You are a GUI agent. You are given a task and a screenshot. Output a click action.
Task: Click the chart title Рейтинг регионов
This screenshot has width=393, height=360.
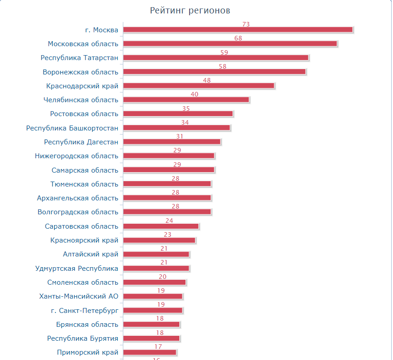tap(190, 11)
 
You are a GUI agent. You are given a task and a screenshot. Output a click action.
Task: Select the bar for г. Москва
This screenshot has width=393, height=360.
tap(238, 30)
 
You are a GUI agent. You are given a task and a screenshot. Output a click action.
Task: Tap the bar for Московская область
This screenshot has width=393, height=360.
tap(229, 43)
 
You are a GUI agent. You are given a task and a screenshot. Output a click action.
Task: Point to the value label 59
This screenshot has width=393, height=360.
tap(224, 52)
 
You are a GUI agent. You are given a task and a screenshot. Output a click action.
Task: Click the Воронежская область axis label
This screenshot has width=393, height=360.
tap(81, 72)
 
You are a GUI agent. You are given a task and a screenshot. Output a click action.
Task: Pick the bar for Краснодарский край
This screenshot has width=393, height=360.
tap(198, 86)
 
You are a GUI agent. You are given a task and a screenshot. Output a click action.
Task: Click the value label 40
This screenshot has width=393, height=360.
tap(194, 94)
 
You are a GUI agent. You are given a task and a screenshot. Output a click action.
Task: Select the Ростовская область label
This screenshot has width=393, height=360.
tap(84, 114)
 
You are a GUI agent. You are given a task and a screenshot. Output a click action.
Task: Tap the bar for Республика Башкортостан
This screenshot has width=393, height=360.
tap(176, 128)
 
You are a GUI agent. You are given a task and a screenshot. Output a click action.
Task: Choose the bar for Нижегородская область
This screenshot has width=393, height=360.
tap(168, 156)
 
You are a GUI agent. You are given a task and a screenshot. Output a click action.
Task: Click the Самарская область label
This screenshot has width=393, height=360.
tap(85, 170)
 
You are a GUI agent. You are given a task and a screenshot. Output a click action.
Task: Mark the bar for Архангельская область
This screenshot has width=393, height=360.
tap(167, 198)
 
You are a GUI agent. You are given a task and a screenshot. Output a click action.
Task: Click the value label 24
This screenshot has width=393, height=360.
tap(169, 221)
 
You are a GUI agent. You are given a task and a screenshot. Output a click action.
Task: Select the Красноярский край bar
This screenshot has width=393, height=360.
tap(159, 240)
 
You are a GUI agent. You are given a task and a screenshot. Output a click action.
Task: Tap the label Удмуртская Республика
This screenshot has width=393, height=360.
tap(77, 269)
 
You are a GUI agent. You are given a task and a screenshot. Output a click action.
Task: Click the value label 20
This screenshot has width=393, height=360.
tap(162, 277)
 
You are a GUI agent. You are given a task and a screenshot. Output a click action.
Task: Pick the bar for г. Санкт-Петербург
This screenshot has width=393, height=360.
tap(152, 310)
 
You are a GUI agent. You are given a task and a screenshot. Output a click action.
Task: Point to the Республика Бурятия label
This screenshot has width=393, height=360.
tap(82, 338)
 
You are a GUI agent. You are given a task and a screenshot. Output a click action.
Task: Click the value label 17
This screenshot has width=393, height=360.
tap(158, 347)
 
